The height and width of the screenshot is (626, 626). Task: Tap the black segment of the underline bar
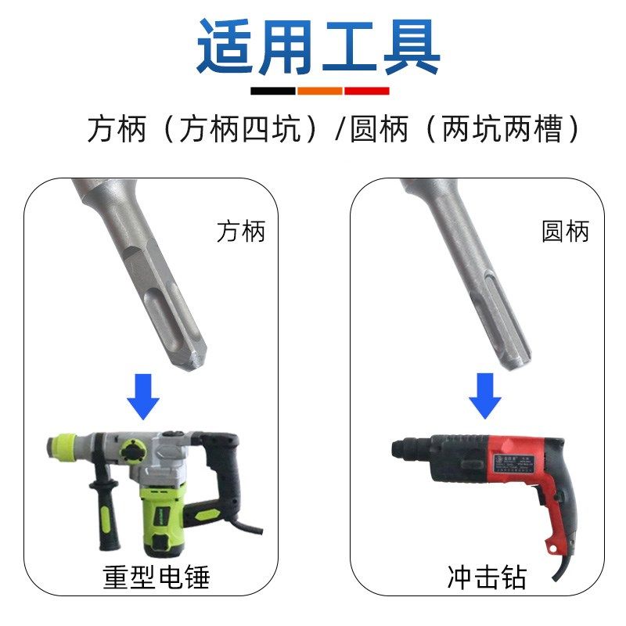pyautogui.click(x=273, y=91)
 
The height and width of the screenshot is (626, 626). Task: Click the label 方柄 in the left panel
pyautogui.click(x=241, y=231)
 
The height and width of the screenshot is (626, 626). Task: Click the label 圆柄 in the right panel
pyautogui.click(x=565, y=231)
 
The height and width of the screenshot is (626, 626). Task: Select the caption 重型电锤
pyautogui.click(x=156, y=577)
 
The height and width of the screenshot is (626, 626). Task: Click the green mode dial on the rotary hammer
pyautogui.click(x=133, y=452)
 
